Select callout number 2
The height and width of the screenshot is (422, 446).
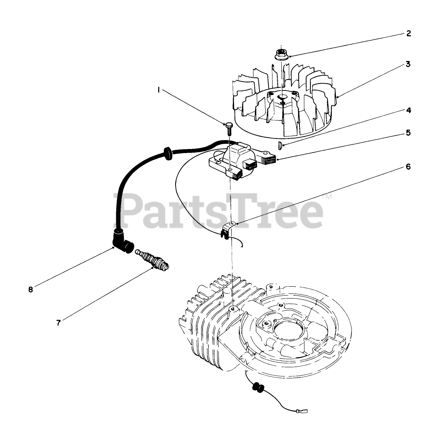coord(408,34)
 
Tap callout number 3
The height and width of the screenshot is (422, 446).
coord(408,64)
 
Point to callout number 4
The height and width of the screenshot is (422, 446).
coord(408,110)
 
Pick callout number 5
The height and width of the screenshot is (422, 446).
coord(408,132)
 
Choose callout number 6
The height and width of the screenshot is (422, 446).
coord(408,166)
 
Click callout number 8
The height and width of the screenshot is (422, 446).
coord(31,289)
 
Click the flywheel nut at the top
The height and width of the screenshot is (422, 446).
coord(280,54)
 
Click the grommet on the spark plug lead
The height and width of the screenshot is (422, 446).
coord(166,154)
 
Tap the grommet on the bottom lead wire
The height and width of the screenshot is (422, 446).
coord(257,388)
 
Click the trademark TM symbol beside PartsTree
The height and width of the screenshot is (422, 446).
coord(327,197)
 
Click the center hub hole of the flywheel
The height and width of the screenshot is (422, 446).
coord(281,97)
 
